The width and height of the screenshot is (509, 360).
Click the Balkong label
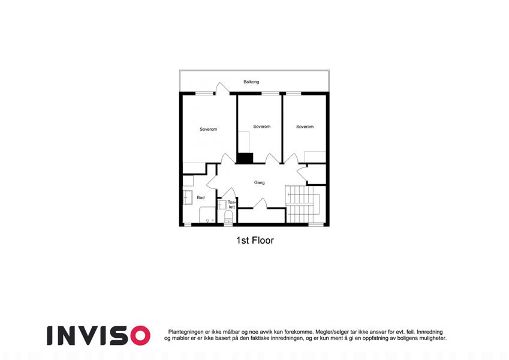251,82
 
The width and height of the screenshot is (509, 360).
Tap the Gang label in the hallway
260,182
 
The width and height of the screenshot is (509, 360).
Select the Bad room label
201,197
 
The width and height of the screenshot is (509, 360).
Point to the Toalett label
231,205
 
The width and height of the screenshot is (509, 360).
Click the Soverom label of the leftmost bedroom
209,130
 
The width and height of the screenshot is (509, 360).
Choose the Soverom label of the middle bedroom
261,127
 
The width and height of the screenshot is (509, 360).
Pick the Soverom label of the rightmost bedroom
305,127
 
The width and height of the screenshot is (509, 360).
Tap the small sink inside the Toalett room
222,205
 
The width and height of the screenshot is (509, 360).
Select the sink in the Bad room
188,197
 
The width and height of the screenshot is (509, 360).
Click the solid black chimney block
245,158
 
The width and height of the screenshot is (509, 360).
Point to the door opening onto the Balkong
222,88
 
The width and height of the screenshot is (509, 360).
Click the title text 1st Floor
255,241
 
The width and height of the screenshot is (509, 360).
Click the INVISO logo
99,335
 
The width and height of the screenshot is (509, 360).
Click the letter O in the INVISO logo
140,335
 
